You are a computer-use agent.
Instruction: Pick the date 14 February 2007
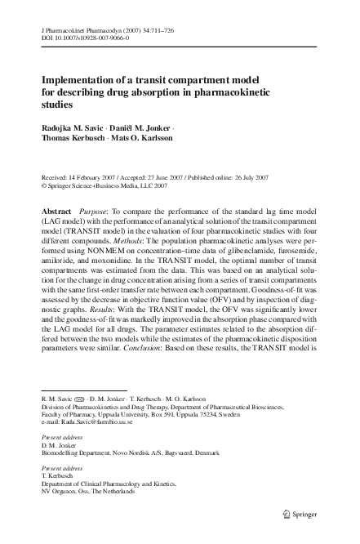(x=97, y=176)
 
